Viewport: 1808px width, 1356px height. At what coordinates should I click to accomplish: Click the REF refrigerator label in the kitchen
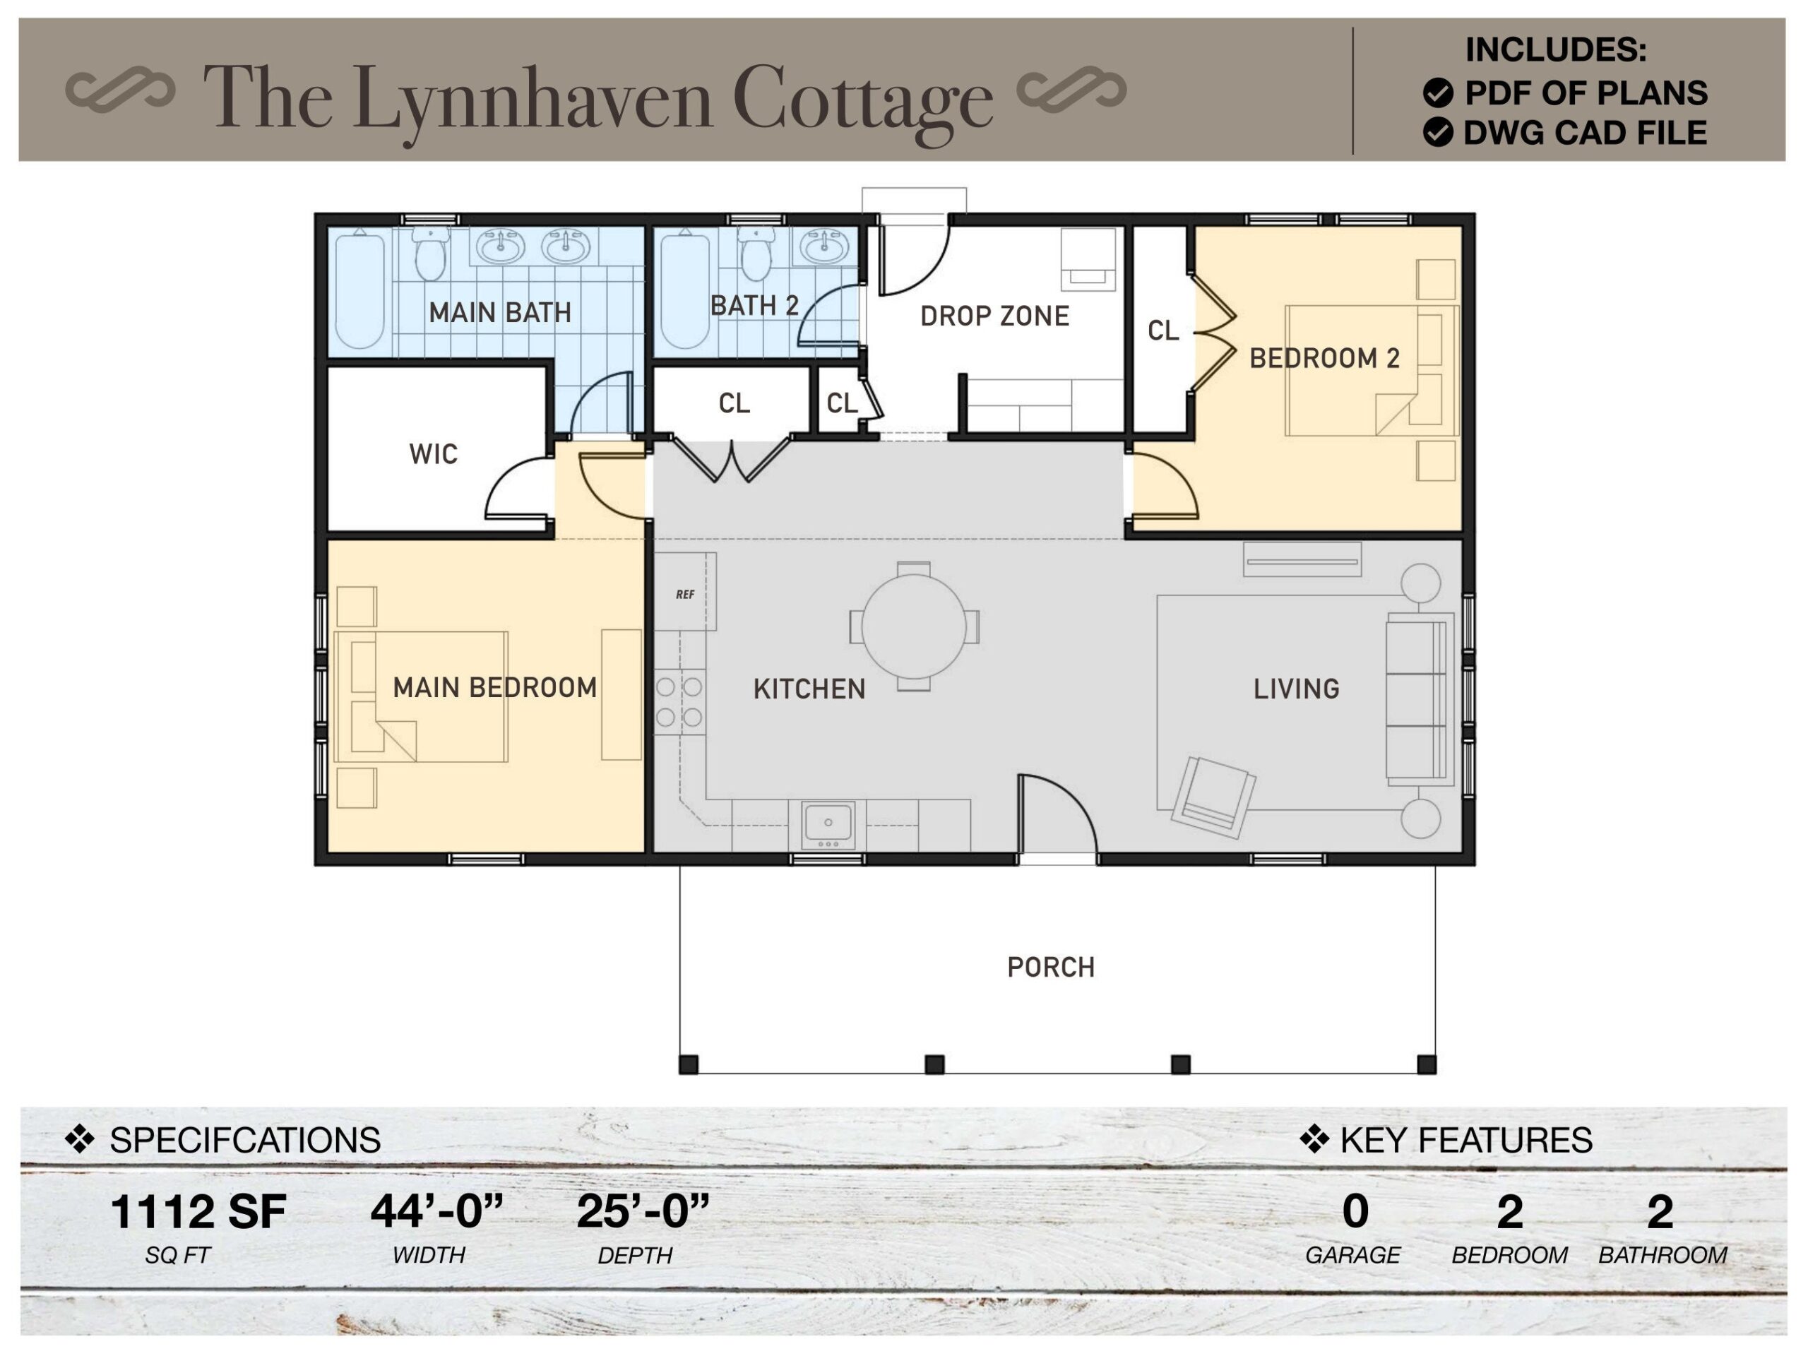tap(685, 594)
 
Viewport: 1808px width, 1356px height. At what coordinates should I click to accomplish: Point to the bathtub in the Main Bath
tap(359, 290)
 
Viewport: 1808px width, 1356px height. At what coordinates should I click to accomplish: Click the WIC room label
tap(433, 454)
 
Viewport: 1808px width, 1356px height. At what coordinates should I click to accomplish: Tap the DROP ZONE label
tap(994, 316)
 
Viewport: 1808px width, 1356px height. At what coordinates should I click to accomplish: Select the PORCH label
tap(1050, 968)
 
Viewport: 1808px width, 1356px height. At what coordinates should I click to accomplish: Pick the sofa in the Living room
tap(1418, 700)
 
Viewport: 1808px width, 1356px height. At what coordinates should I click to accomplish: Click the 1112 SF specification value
tap(198, 1211)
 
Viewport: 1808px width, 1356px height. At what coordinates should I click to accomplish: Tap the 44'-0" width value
tap(436, 1211)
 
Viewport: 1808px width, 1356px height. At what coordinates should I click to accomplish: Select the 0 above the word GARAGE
tap(1355, 1211)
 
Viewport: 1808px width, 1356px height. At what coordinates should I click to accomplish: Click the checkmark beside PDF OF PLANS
tap(1438, 93)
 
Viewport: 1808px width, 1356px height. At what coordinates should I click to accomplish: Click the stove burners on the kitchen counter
tap(679, 702)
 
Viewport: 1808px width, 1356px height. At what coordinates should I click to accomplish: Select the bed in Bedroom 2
tap(1369, 370)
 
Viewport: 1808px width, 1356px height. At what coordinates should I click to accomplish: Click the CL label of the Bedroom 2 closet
tap(1162, 331)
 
